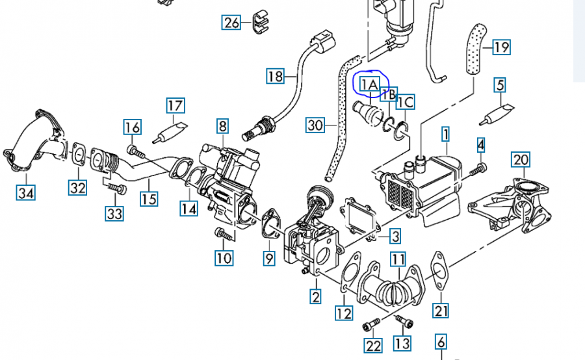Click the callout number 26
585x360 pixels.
pyautogui.click(x=231, y=23)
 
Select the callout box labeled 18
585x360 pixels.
pyautogui.click(x=276, y=76)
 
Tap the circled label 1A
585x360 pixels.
pyautogui.click(x=369, y=84)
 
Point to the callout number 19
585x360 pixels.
pyautogui.click(x=500, y=47)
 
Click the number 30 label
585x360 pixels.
pyautogui.click(x=315, y=124)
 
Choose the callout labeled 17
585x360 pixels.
pyautogui.click(x=175, y=105)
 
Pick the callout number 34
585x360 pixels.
pyautogui.click(x=26, y=192)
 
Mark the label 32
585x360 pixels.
pyautogui.click(x=78, y=188)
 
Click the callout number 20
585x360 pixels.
pyautogui.click(x=521, y=159)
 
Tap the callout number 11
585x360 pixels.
pyautogui.click(x=398, y=260)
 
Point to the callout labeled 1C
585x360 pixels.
pyautogui.click(x=406, y=101)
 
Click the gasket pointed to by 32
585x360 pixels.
pyautogui.click(x=78, y=155)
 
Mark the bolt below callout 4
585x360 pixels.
pyautogui.click(x=478, y=170)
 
